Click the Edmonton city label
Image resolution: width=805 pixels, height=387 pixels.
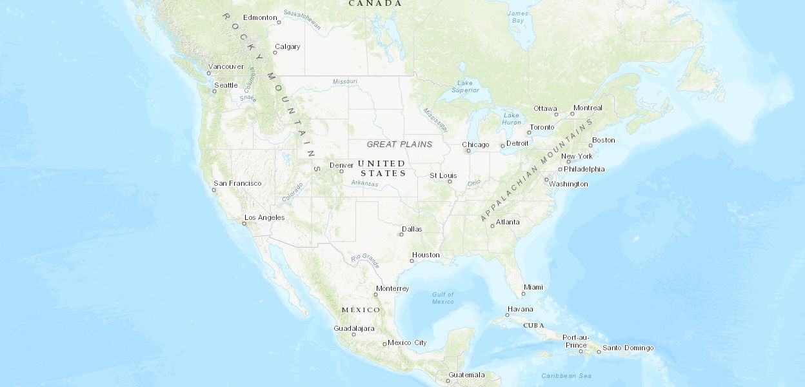(260, 17)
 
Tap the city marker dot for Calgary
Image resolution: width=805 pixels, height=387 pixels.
(275, 52)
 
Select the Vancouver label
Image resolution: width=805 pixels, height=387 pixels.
(226, 66)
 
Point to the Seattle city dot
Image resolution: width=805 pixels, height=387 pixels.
(215, 91)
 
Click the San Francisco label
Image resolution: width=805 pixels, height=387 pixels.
(237, 183)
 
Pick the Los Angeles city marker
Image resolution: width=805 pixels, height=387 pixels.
(244, 223)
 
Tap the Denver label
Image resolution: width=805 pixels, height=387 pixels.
(341, 165)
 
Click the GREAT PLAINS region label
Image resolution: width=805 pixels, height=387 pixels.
(399, 144)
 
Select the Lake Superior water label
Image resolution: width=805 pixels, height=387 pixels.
(464, 86)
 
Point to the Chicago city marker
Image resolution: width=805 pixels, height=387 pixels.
(469, 151)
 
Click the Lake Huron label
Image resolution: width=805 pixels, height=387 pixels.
(512, 119)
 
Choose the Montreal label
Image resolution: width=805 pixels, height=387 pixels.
(588, 108)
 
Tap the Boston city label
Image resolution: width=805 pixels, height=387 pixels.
(604, 140)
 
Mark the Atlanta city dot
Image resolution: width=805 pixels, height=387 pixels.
(492, 226)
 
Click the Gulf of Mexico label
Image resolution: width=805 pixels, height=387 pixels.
(443, 298)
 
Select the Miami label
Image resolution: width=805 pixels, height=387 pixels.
(533, 287)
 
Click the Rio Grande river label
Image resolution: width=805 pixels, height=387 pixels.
(365, 260)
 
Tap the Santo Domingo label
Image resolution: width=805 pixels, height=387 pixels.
(628, 348)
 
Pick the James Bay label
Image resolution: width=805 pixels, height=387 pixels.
(517, 17)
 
